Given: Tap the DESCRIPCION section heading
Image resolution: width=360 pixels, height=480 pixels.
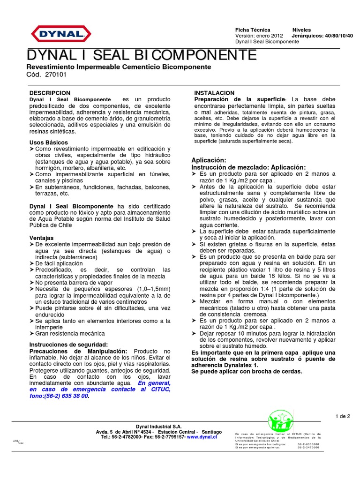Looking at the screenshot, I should point(50,93).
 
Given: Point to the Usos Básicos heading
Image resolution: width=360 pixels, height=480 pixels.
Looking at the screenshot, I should point(49,142).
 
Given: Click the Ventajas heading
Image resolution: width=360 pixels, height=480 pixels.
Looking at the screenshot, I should point(42,238).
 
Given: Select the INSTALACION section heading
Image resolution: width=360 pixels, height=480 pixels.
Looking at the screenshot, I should point(214,93).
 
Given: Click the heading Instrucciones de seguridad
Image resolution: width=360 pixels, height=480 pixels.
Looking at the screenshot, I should point(68,345).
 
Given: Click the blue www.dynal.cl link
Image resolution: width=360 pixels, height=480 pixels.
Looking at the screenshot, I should point(202,436).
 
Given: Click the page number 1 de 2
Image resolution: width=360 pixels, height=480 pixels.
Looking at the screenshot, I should point(343,416).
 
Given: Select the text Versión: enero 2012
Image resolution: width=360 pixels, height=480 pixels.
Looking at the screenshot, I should point(258,36).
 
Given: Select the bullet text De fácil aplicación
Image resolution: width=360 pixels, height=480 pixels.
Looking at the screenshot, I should point(59,263).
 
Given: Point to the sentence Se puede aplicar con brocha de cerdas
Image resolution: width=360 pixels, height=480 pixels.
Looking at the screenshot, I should point(247,371).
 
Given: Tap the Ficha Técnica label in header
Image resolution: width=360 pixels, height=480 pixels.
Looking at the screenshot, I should point(253,30).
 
